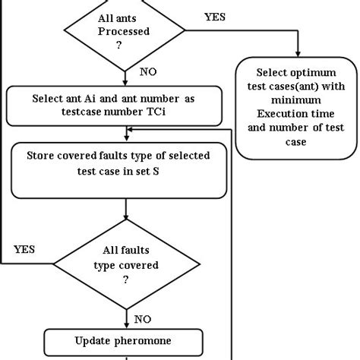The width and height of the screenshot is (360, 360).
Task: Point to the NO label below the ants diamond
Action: point(150,73)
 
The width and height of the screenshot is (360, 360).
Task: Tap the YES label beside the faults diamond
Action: point(26,249)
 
